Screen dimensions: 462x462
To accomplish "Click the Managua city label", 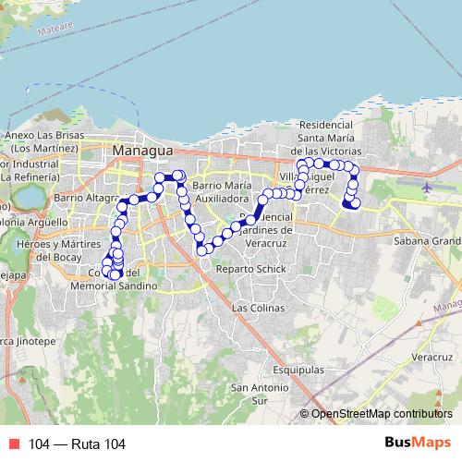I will point(142,149).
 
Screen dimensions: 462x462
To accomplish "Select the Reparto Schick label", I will point(240,270).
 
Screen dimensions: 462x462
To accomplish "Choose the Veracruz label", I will point(431,355).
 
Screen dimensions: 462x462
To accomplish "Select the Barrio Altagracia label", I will point(87,198).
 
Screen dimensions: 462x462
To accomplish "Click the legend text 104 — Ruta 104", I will point(76,445).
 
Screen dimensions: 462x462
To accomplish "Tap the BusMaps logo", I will point(418,444).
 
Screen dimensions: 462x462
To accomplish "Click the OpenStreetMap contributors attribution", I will point(382,415).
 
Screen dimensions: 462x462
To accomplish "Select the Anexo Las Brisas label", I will point(43,141).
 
